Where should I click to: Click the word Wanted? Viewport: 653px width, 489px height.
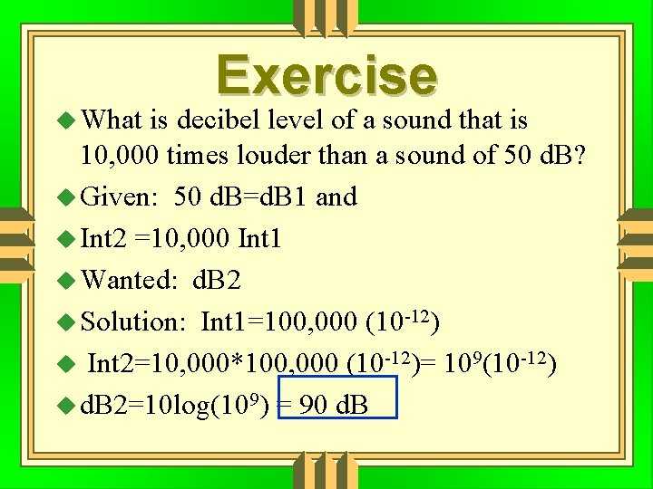point(129,280)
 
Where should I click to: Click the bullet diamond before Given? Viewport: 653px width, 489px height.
point(68,197)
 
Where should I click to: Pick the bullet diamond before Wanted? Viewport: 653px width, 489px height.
point(68,280)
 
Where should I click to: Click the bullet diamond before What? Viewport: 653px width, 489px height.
point(68,120)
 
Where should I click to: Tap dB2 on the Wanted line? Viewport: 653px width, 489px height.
point(218,280)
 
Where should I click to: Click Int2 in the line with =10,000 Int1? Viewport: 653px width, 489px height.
point(103,239)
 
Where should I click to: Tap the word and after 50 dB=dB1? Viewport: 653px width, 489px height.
point(336,197)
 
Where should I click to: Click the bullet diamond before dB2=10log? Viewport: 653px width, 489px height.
point(68,405)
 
